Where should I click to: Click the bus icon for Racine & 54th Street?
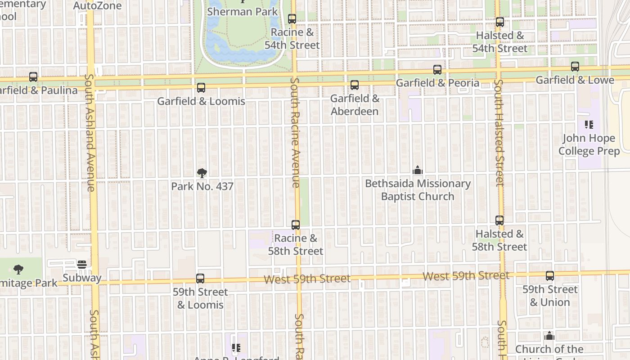click(x=292, y=19)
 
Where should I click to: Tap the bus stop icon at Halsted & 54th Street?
click(x=499, y=22)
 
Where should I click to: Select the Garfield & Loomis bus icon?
click(x=201, y=88)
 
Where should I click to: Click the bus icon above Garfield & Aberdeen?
click(x=355, y=85)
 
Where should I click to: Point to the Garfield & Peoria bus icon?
click(x=437, y=70)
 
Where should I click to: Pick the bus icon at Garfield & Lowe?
click(x=575, y=67)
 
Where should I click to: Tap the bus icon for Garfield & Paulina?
click(x=33, y=77)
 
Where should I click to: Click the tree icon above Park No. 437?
click(x=202, y=173)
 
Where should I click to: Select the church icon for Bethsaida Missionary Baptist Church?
click(x=418, y=171)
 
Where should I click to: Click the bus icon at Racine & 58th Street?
click(x=296, y=225)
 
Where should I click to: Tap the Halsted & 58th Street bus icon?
click(x=499, y=220)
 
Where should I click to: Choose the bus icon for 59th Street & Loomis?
click(x=200, y=279)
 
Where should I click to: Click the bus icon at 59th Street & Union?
click(x=550, y=276)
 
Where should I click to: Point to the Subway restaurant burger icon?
click(x=82, y=265)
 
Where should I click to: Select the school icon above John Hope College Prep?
click(x=589, y=125)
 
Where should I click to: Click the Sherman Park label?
click(x=242, y=12)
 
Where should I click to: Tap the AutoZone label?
click(x=97, y=5)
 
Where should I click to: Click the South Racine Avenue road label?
click(x=295, y=132)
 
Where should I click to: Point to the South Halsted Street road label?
click(x=499, y=133)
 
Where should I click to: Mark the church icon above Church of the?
click(x=549, y=336)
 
